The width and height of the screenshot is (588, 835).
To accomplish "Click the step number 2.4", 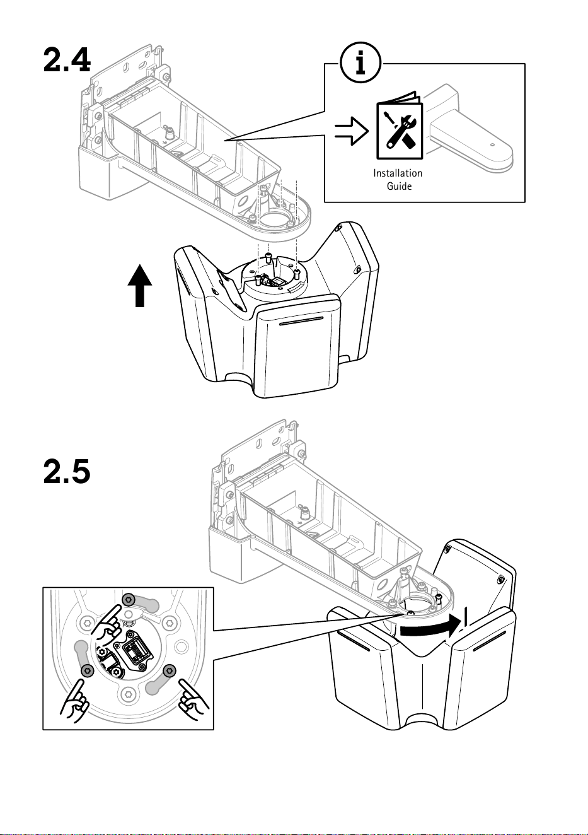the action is [67, 60].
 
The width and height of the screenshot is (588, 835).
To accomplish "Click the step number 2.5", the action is [67, 471].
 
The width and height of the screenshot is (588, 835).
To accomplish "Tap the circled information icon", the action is [360, 62].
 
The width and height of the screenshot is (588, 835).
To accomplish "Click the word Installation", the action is [398, 173].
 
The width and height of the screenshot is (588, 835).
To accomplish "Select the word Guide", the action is [399, 186].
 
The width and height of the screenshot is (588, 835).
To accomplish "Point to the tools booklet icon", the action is [400, 126].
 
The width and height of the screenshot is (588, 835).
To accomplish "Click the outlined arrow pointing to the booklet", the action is [352, 131].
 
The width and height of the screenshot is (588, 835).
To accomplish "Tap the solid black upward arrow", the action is [140, 286].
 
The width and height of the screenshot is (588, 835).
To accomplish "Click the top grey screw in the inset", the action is [128, 599].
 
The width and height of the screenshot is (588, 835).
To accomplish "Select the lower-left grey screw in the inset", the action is [87, 671].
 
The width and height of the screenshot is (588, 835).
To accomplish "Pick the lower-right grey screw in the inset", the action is [170, 670].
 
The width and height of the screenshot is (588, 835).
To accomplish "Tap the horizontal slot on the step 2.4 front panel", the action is [301, 321].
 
